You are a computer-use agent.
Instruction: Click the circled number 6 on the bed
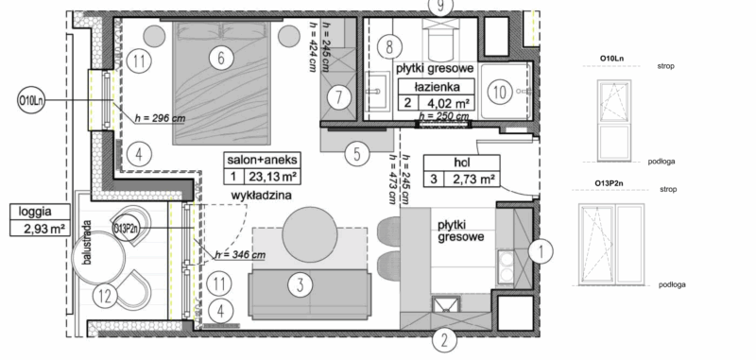pos(220,59)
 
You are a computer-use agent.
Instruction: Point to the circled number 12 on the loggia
pos(107,296)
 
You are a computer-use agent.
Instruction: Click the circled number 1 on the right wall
pos(539,251)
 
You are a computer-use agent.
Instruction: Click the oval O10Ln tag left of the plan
pos(31,100)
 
